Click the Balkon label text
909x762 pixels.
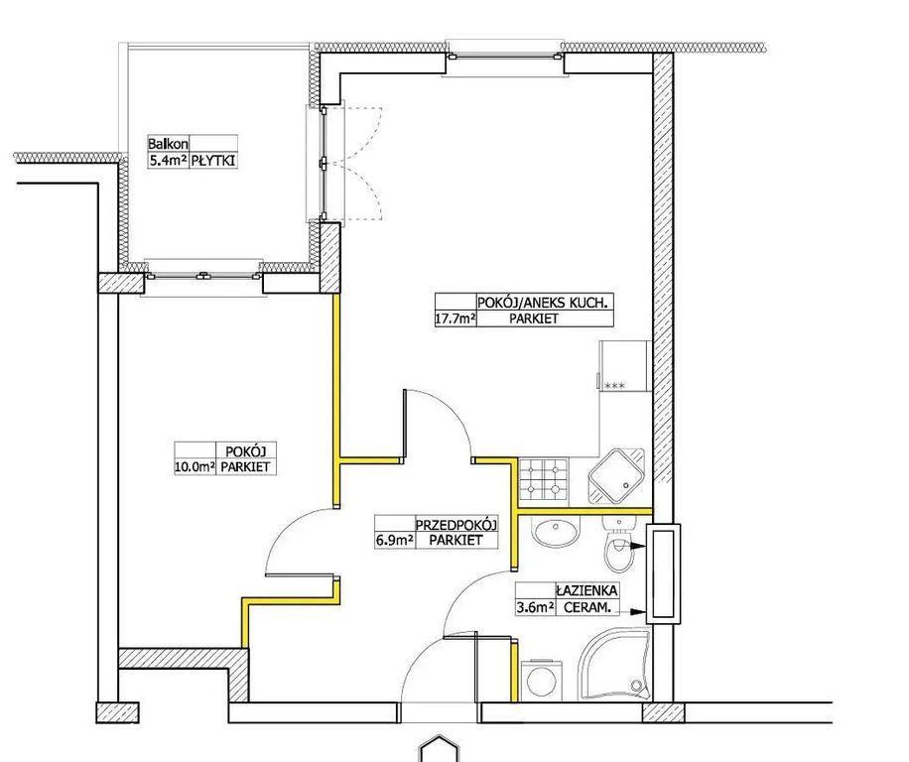point(168,144)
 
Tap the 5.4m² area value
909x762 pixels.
point(168,161)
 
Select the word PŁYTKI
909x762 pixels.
point(213,161)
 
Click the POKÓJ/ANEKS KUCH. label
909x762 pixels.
point(543,303)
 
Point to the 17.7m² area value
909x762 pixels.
point(455,318)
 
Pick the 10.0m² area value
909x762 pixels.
point(195,466)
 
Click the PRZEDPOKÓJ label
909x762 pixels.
point(456,525)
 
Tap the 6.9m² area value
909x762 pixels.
point(394,541)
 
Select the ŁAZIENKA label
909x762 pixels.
point(586,591)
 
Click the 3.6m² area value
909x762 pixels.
point(535,608)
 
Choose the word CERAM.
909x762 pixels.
point(586,608)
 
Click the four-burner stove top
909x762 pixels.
point(543,479)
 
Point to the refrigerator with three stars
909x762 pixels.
point(625,366)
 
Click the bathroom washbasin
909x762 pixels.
point(557,532)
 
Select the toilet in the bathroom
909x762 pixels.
point(618,544)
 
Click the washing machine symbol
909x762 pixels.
point(541,680)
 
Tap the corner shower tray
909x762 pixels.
point(615,665)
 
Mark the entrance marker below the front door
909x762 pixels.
point(440,749)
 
